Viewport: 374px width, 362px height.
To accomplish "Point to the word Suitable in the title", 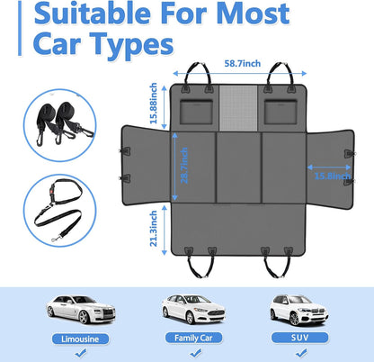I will [x=98, y=14].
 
